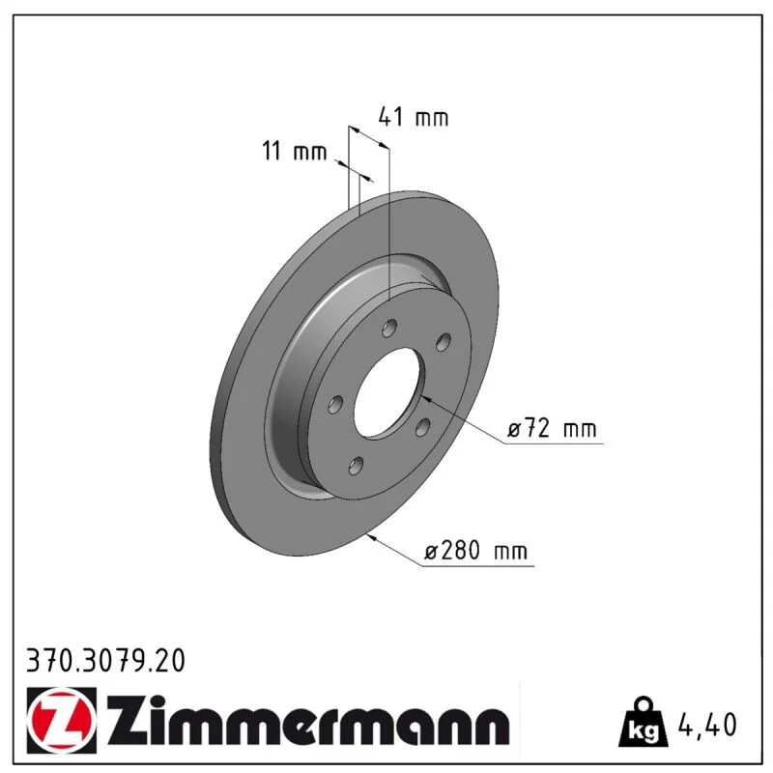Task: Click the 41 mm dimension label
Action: tap(414, 118)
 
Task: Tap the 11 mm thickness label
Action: tap(295, 151)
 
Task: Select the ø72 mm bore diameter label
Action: tap(552, 427)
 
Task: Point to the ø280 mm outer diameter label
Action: tap(475, 551)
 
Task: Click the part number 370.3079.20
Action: tap(105, 661)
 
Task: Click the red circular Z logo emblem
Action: tap(62, 720)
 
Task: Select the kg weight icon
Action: tap(644, 722)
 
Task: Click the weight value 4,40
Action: tap(707, 724)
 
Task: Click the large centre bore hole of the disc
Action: tap(387, 392)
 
